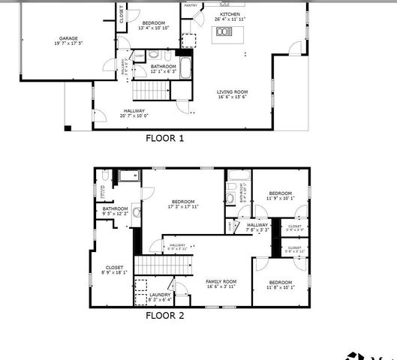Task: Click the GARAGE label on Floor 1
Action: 68,38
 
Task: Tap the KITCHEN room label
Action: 230,14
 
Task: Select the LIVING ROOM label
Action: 233,91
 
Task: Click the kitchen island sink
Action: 223,31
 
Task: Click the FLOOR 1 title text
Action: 164,138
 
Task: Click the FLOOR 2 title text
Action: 164,316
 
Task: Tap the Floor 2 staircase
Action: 164,265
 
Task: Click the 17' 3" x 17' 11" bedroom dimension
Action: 183,206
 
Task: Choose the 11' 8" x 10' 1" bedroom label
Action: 281,286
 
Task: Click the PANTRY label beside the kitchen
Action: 191,5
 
